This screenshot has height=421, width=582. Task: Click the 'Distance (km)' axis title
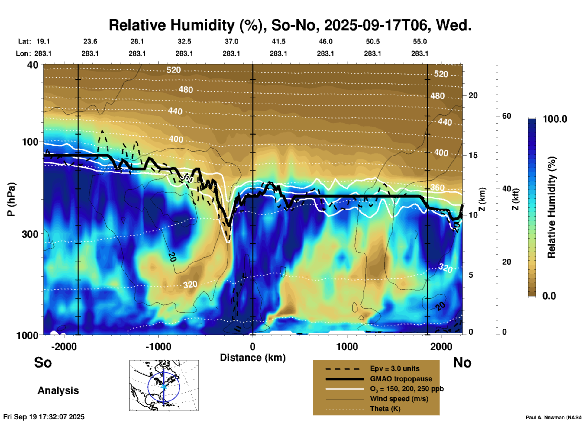pos(253,358)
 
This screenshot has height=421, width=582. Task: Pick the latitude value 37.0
pos(231,41)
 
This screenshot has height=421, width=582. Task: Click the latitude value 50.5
pos(373,41)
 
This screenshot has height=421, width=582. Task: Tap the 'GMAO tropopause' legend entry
pos(401,379)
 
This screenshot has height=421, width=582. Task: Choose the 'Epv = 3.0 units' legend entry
pos(395,369)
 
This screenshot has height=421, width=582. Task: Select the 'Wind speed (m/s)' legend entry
pos(399,399)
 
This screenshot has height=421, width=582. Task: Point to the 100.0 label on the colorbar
pos(555,119)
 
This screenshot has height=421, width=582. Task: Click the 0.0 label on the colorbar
pos(549,296)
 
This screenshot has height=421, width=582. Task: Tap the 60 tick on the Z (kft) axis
pos(506,116)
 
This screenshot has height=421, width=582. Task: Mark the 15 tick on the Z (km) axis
pos(473,155)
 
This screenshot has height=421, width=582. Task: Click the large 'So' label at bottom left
pos(43,362)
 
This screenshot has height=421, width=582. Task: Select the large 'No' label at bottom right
pos(462,362)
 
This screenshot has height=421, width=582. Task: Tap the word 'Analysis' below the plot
pos(58,390)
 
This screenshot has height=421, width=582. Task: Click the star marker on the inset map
pos(164,387)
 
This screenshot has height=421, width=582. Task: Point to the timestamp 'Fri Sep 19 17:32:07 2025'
pos(44,417)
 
